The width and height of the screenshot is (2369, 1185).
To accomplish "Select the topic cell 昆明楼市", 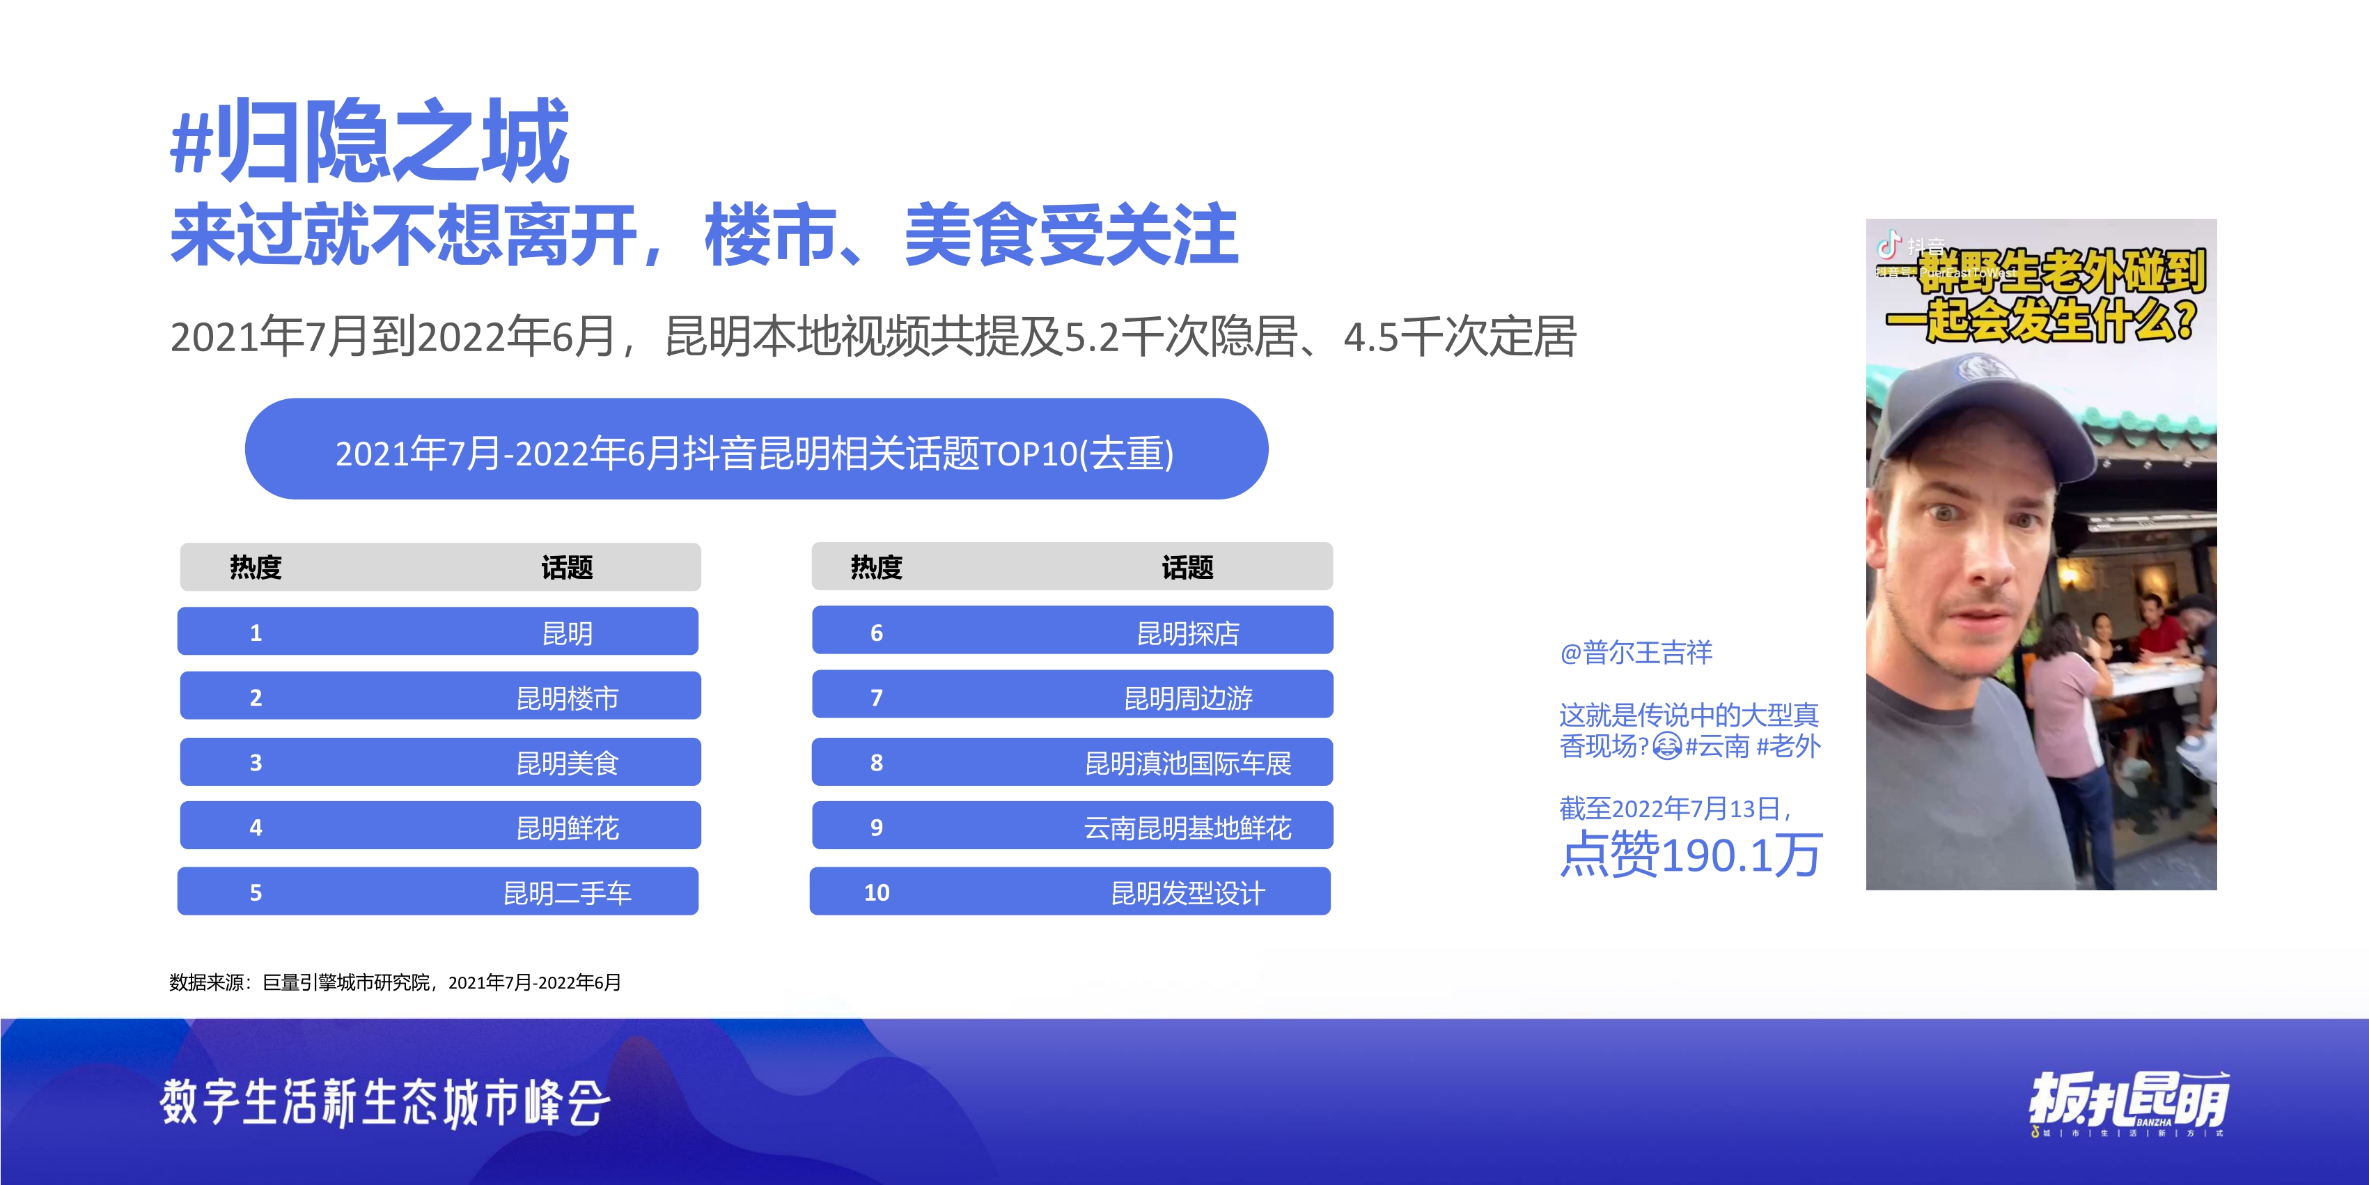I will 567,698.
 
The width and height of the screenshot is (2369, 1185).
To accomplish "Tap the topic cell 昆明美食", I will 567,763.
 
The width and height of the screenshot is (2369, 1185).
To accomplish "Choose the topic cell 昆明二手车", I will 567,892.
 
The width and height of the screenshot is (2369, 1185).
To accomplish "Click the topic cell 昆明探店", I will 1187,633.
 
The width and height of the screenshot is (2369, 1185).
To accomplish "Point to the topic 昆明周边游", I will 1187,698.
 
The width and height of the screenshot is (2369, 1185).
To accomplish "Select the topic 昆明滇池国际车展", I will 1187,763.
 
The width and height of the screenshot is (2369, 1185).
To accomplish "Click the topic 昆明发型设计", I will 1187,892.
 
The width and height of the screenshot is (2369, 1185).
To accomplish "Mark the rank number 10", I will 877,892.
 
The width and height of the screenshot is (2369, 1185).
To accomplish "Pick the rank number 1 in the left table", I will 256,633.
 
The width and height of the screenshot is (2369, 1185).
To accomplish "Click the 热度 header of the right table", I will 877,567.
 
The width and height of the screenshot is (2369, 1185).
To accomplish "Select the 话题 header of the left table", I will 567,567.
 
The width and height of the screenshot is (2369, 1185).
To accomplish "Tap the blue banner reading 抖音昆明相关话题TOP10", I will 756,451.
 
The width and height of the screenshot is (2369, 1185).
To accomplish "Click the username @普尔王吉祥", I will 1636,652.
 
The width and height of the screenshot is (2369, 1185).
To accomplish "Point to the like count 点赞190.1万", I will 1690,854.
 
